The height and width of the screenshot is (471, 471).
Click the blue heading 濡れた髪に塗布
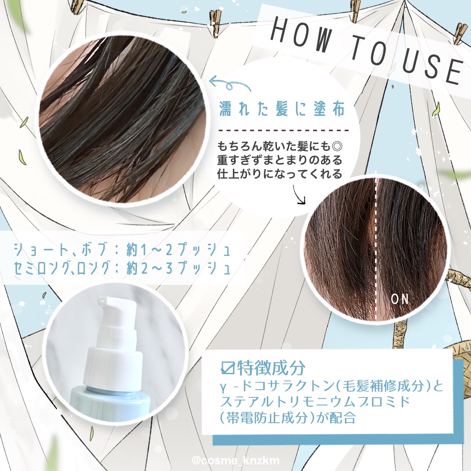pyautogui.click(x=282, y=109)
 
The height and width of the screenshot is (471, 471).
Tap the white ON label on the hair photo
pyautogui.click(x=400, y=299)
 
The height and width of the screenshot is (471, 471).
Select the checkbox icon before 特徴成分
pyautogui.click(x=227, y=368)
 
